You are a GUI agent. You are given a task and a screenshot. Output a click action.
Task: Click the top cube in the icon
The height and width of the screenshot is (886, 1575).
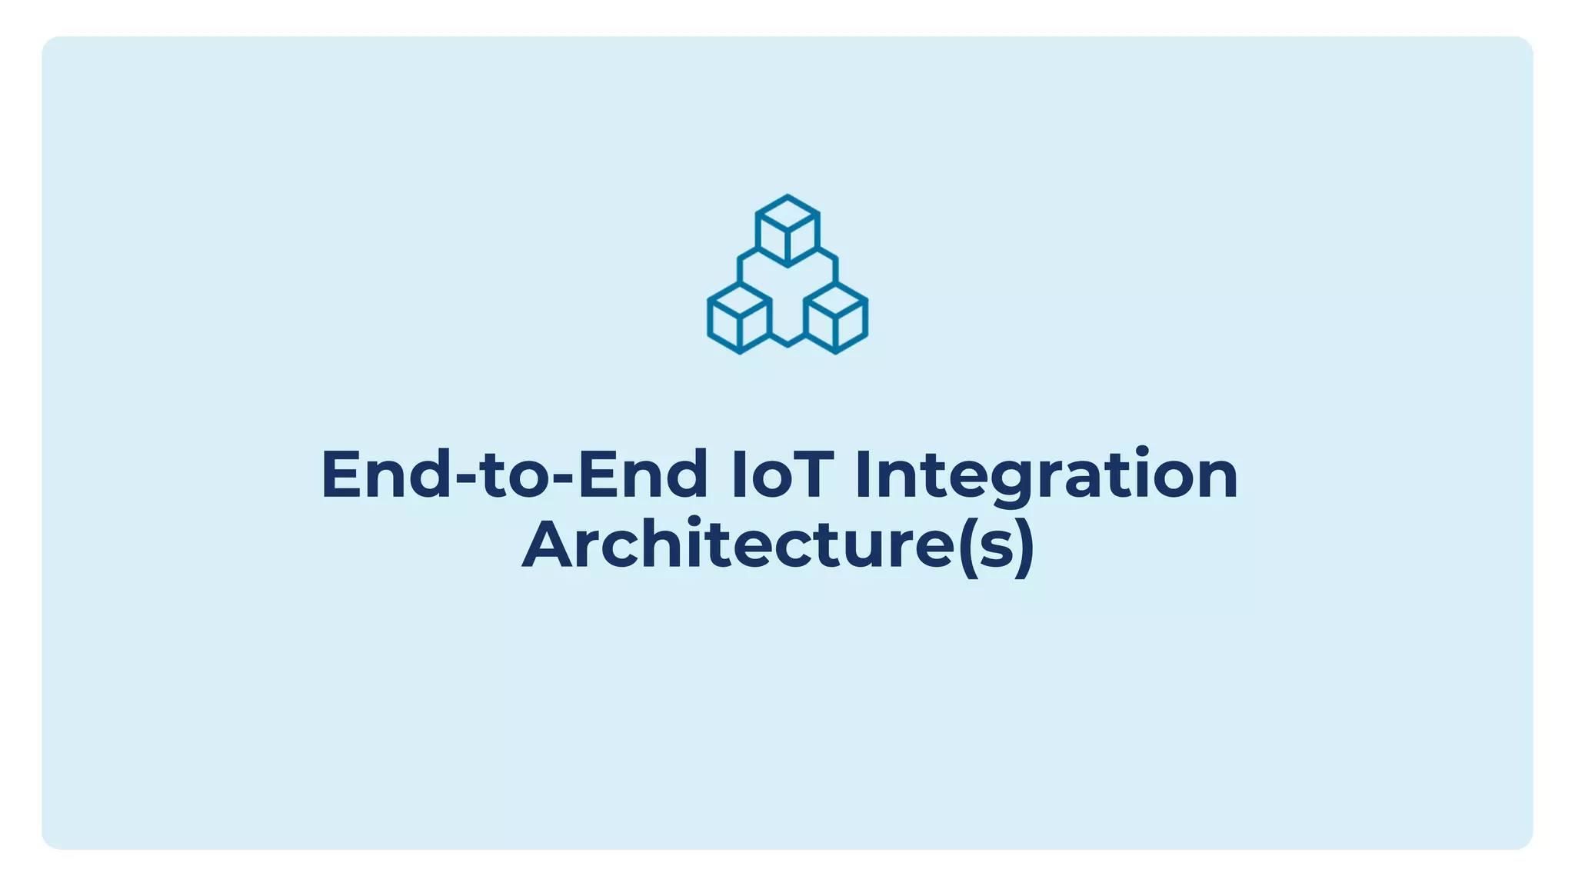click(x=787, y=230)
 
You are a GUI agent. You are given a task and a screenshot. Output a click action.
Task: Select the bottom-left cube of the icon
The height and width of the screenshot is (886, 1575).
click(x=739, y=318)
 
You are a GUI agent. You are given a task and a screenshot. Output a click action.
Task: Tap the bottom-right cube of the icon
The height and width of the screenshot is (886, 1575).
click(x=835, y=318)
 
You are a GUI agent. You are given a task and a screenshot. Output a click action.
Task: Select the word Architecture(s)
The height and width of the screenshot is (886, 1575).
click(x=778, y=545)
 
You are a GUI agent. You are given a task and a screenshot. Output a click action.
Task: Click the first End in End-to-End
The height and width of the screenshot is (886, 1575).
click(x=385, y=475)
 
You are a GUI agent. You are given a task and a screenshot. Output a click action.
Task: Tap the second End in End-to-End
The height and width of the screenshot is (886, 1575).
click(x=642, y=475)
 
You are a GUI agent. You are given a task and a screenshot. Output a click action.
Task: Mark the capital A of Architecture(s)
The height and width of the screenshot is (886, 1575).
click(x=551, y=545)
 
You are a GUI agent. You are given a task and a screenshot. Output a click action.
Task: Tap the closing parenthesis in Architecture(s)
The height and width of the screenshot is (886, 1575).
click(x=1025, y=547)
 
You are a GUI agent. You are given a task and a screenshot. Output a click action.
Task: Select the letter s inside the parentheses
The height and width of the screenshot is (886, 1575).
click(x=996, y=549)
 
